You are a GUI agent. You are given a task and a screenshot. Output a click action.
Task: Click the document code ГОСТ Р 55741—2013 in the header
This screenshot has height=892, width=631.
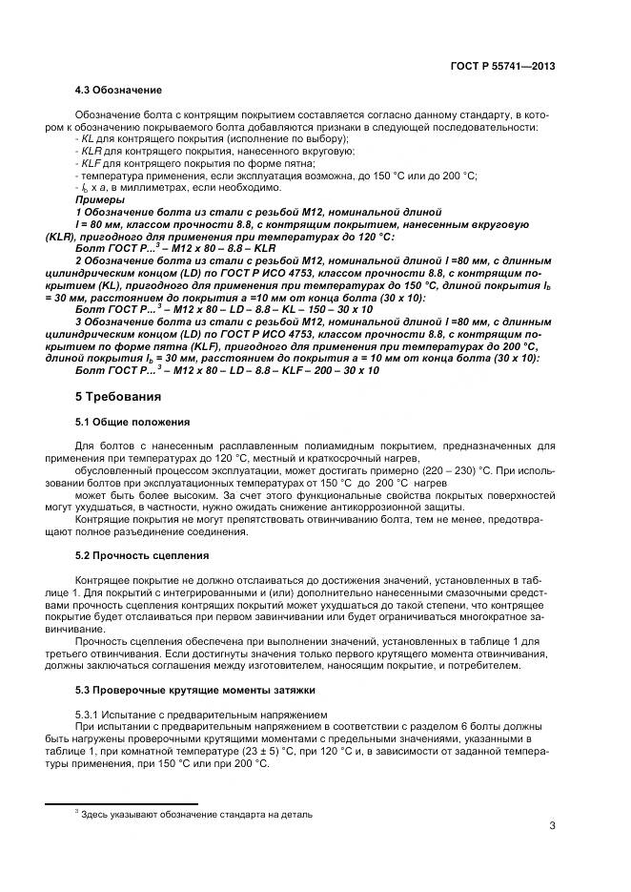(501, 67)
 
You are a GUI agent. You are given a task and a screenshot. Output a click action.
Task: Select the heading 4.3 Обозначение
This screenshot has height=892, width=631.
(118, 90)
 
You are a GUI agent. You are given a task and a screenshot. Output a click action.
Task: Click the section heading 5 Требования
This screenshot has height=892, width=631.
(118, 395)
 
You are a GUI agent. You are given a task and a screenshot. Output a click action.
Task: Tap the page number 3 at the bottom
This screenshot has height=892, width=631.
(552, 825)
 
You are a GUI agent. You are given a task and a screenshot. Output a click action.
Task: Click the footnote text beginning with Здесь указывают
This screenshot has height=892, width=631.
(195, 814)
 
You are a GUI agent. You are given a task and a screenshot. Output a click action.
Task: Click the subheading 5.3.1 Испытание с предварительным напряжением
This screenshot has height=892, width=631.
(200, 714)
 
